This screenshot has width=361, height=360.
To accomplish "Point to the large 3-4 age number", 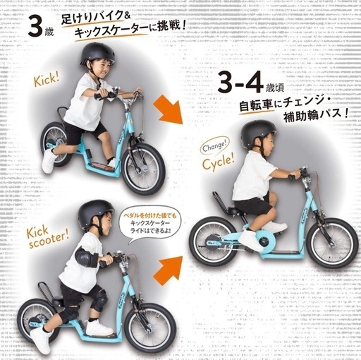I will pyautogui.click(x=239, y=84).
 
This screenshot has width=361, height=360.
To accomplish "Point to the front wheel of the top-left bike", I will pyautogui.click(x=144, y=169).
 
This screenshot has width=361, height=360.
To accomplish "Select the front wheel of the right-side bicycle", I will pyautogui.click(x=331, y=242).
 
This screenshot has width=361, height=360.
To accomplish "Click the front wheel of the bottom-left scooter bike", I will pyautogui.click(x=148, y=327).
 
